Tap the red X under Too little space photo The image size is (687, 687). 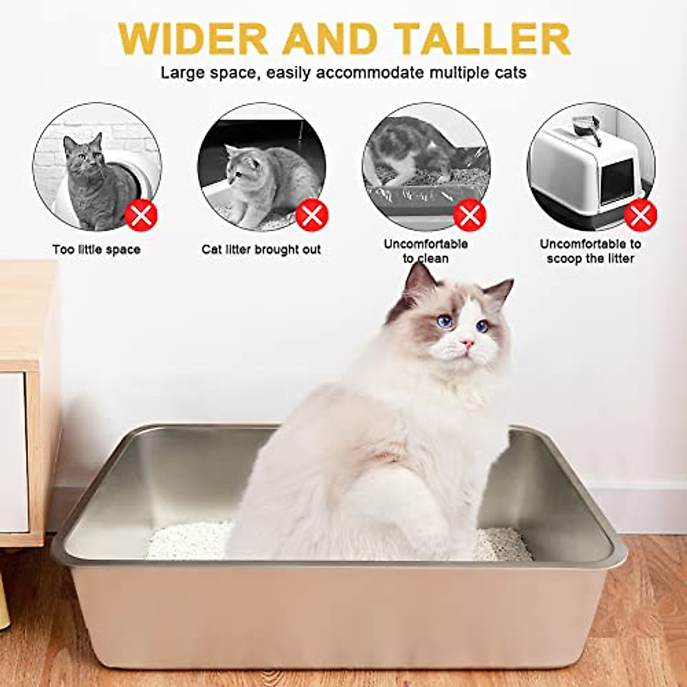(x=141, y=216)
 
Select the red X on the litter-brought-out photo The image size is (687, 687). (x=311, y=216)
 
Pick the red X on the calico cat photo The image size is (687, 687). (x=469, y=216)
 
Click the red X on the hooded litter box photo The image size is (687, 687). (x=640, y=216)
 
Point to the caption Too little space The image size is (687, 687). (x=96, y=250)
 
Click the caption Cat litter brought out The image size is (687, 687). (x=261, y=250)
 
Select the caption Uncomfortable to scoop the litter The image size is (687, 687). (x=590, y=251)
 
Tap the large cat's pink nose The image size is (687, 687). (x=468, y=343)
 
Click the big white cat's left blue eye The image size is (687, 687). (x=444, y=322)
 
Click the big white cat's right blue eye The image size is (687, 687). (x=483, y=326)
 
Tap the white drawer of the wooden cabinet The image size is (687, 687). (x=13, y=452)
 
